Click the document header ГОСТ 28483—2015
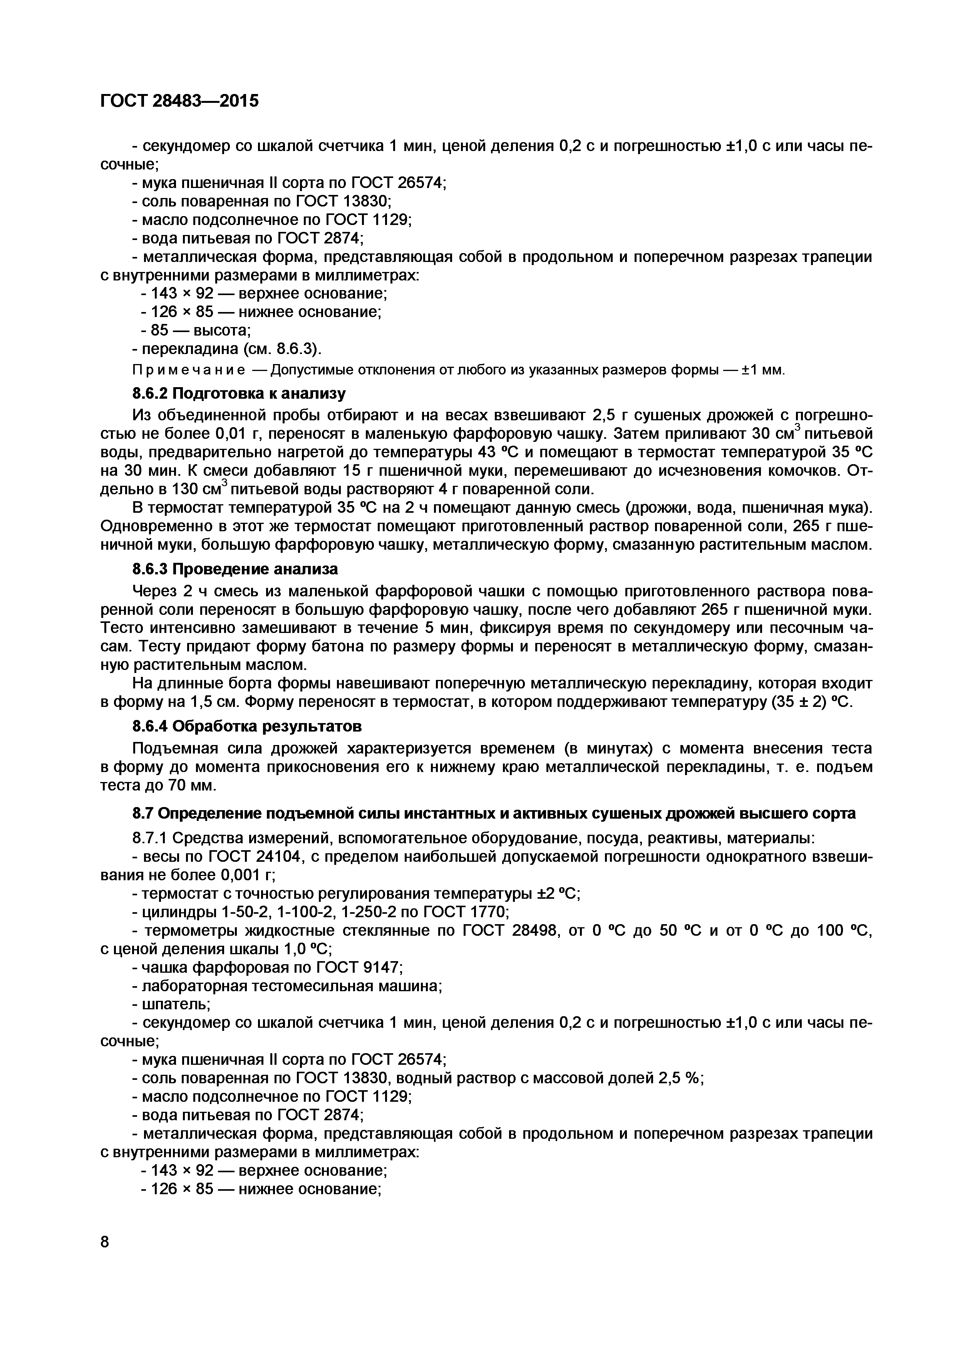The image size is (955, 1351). (179, 101)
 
